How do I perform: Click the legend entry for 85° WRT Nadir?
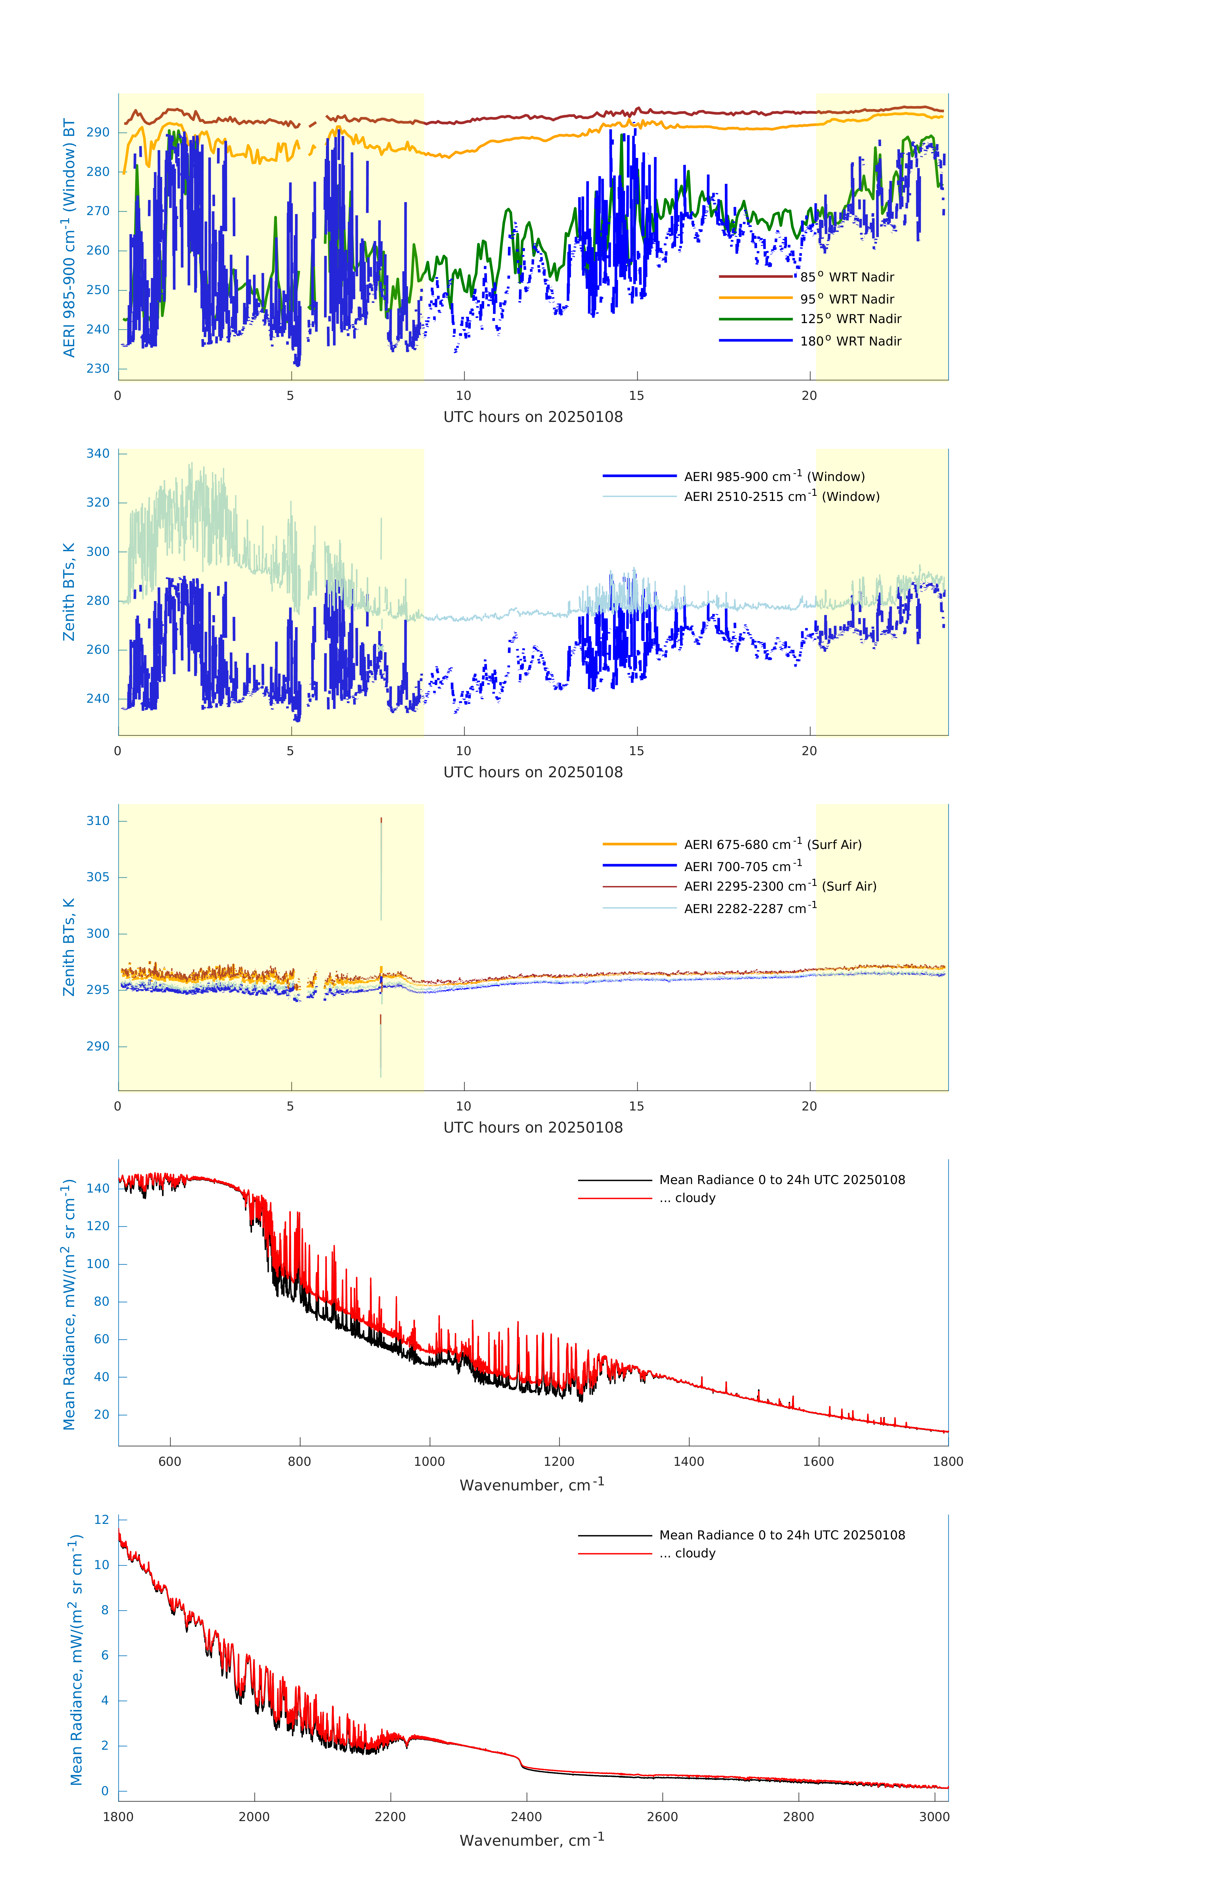click(x=847, y=277)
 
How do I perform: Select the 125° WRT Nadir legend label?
click(x=850, y=319)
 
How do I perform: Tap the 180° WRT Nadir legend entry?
click(x=850, y=341)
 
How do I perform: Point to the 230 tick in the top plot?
click(x=98, y=368)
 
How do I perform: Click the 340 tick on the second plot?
click(x=98, y=453)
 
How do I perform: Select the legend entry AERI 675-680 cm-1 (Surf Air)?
click(x=772, y=845)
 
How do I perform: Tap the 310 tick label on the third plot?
click(x=98, y=821)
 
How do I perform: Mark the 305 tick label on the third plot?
click(x=98, y=877)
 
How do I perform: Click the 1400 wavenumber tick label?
click(x=688, y=1461)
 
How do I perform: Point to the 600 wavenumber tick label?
click(x=170, y=1461)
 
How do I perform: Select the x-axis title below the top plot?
click(x=533, y=417)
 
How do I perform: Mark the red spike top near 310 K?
click(x=381, y=819)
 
